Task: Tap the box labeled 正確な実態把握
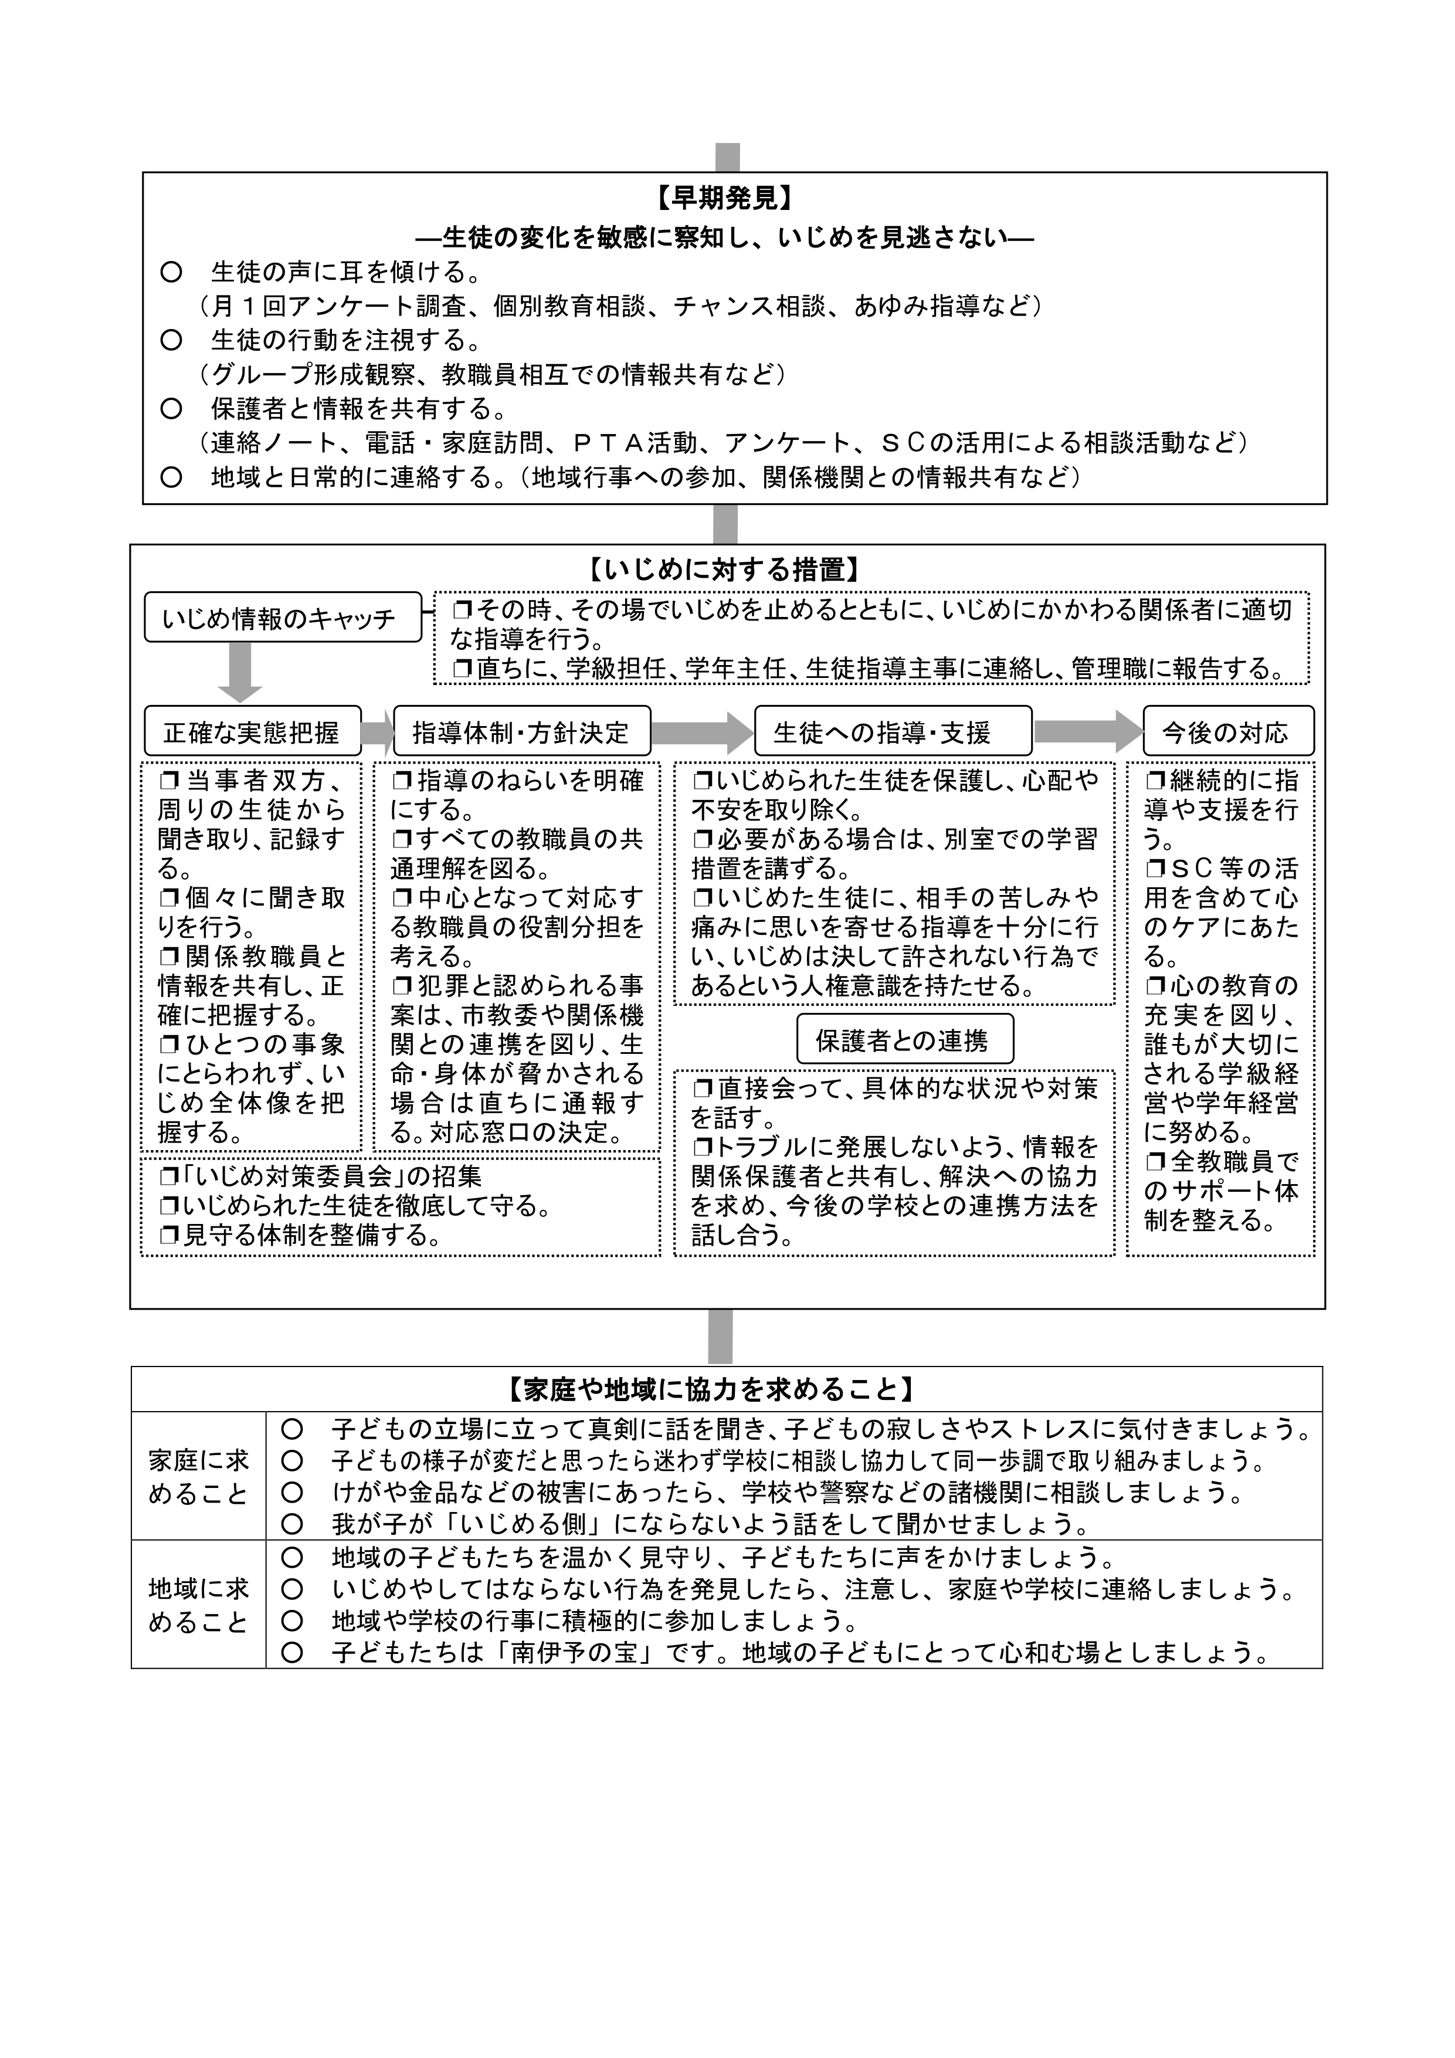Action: [252, 733]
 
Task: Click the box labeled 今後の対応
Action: [1227, 733]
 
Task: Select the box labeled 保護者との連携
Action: [904, 1040]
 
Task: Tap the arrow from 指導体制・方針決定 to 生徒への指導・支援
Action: [702, 733]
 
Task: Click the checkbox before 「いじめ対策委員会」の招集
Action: [168, 1177]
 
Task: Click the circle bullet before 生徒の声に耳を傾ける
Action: [170, 272]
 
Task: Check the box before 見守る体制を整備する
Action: [168, 1236]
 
